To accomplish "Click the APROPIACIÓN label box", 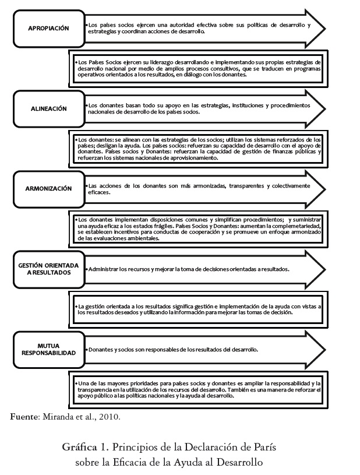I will (49, 28).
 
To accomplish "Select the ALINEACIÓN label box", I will (49, 108).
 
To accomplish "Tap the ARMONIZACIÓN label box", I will (49, 188).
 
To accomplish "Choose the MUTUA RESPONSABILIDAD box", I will (49, 349).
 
